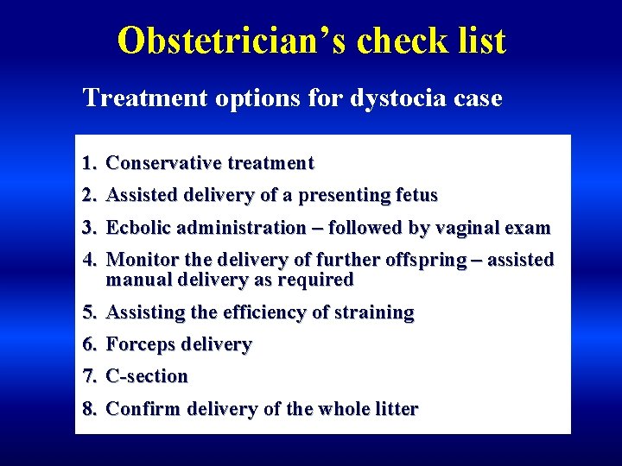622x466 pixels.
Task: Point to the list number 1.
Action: click(x=88, y=163)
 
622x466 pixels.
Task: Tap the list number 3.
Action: click(x=88, y=229)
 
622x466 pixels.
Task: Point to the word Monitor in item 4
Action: click(x=139, y=261)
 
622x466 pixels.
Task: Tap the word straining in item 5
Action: click(x=373, y=312)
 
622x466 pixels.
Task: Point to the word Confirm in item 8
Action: click(x=139, y=409)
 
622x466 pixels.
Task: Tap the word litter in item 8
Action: click(x=396, y=409)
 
